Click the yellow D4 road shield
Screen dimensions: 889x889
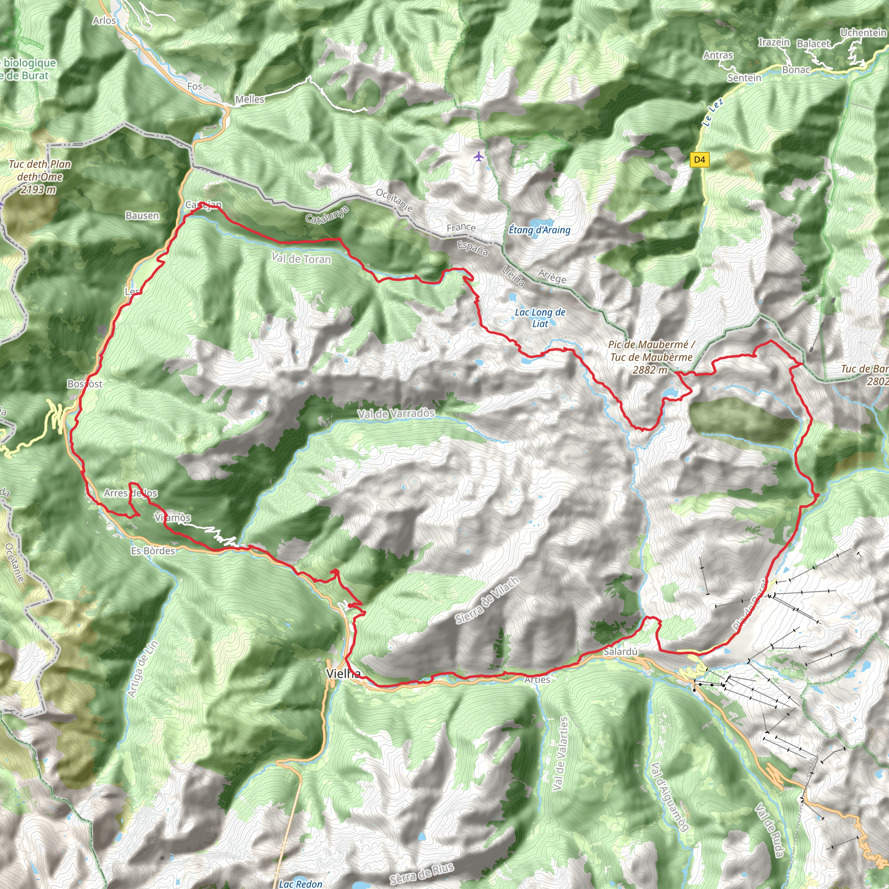click(x=699, y=160)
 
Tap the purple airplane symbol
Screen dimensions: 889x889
click(x=478, y=156)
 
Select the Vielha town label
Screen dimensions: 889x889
click(x=343, y=674)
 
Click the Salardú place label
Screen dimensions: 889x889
click(x=621, y=652)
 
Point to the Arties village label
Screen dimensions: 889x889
click(x=537, y=680)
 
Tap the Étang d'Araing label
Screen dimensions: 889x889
click(x=539, y=230)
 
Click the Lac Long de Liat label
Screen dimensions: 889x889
click(x=540, y=317)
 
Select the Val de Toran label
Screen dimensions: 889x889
click(x=301, y=259)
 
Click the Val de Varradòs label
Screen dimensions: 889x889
click(x=396, y=414)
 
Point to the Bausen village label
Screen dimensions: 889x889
click(x=142, y=215)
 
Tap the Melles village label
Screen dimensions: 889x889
click(x=250, y=99)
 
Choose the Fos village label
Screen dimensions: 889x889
click(x=194, y=86)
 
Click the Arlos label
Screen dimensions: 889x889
click(x=104, y=20)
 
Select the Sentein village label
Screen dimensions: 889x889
click(x=744, y=78)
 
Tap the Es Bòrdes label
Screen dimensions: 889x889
click(x=153, y=551)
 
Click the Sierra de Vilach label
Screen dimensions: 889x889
click(x=487, y=600)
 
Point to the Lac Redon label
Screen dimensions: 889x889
click(x=300, y=883)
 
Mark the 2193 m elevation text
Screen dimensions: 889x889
click(x=38, y=189)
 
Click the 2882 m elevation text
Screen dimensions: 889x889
click(x=650, y=369)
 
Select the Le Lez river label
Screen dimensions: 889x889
click(x=713, y=112)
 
